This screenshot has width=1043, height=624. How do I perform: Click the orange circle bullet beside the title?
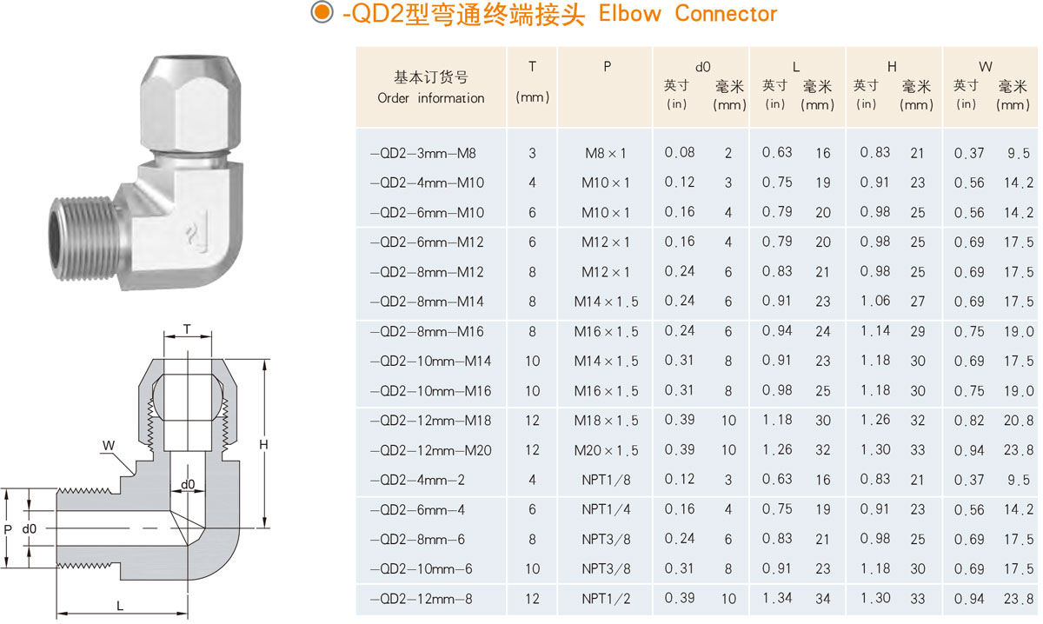click(x=322, y=13)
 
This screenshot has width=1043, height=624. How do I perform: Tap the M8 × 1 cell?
click(x=606, y=153)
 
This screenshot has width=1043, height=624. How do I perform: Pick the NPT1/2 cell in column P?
click(x=606, y=599)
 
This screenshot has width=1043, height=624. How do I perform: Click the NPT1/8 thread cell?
click(x=606, y=480)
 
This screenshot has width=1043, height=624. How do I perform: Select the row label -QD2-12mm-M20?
click(x=430, y=450)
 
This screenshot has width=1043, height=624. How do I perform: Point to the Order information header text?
click(x=431, y=98)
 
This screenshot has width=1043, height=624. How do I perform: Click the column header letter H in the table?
click(x=892, y=66)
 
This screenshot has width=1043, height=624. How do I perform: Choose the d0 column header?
click(x=702, y=66)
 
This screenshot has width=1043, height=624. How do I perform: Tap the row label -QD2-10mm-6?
click(x=423, y=569)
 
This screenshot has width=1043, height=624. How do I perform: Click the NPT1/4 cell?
click(x=606, y=510)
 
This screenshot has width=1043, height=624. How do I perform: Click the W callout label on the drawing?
click(x=109, y=446)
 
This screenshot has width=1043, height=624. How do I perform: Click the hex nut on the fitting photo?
click(x=186, y=104)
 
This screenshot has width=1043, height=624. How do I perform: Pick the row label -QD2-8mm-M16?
click(x=426, y=331)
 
